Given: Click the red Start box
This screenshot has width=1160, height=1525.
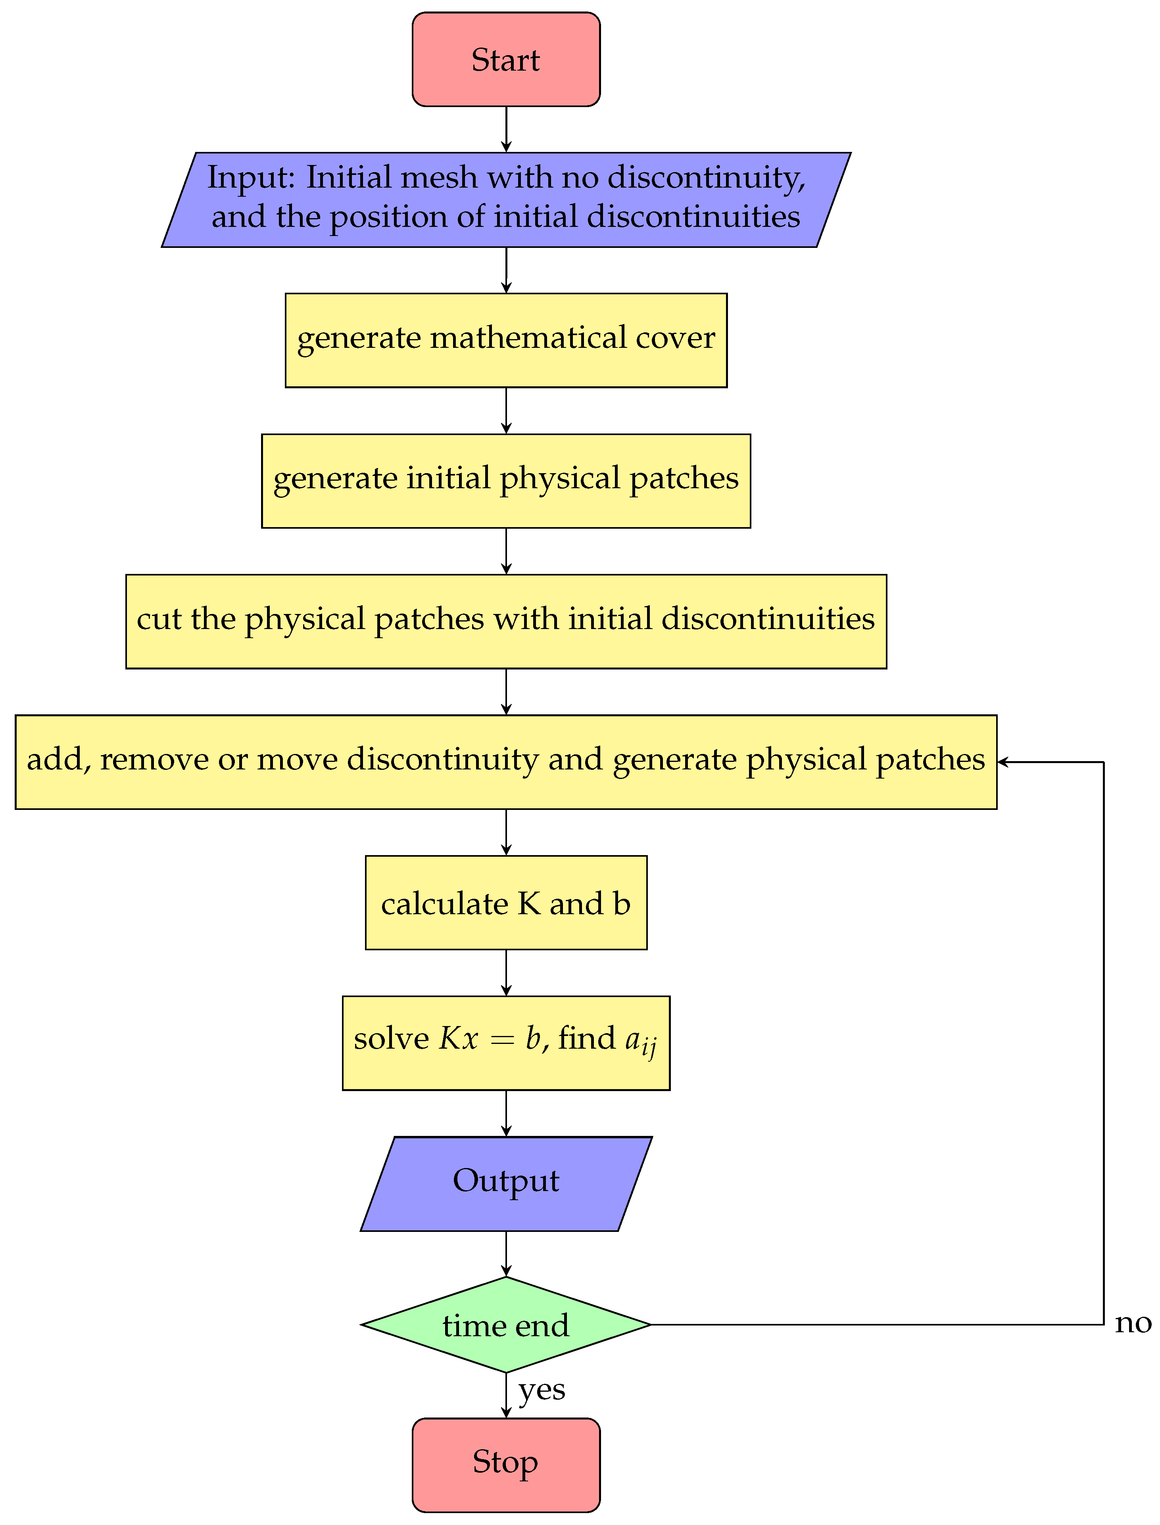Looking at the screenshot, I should pos(506,59).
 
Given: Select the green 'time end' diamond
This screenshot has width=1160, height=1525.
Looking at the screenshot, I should pos(506,1324).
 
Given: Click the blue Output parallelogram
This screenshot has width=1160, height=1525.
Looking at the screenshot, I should pos(506,1183).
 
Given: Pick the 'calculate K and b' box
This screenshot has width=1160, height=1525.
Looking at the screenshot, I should pos(506,903).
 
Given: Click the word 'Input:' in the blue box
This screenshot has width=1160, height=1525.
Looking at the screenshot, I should pos(252,177).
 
